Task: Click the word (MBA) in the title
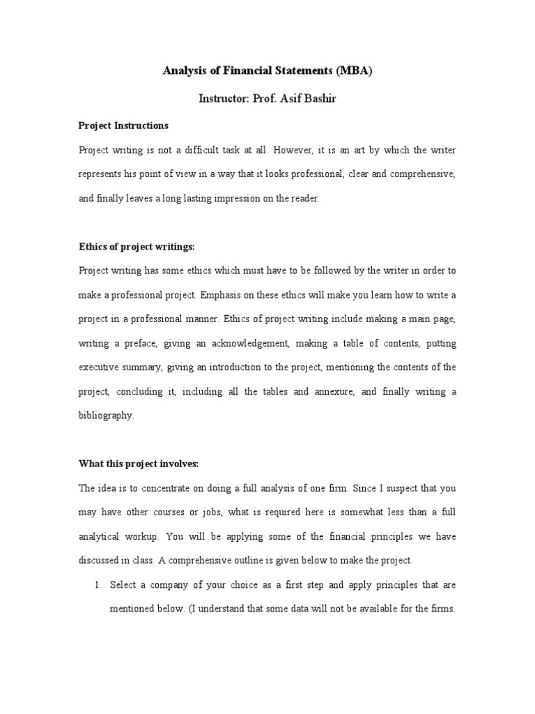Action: tap(354, 70)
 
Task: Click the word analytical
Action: tap(101, 535)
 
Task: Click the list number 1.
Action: tap(98, 584)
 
